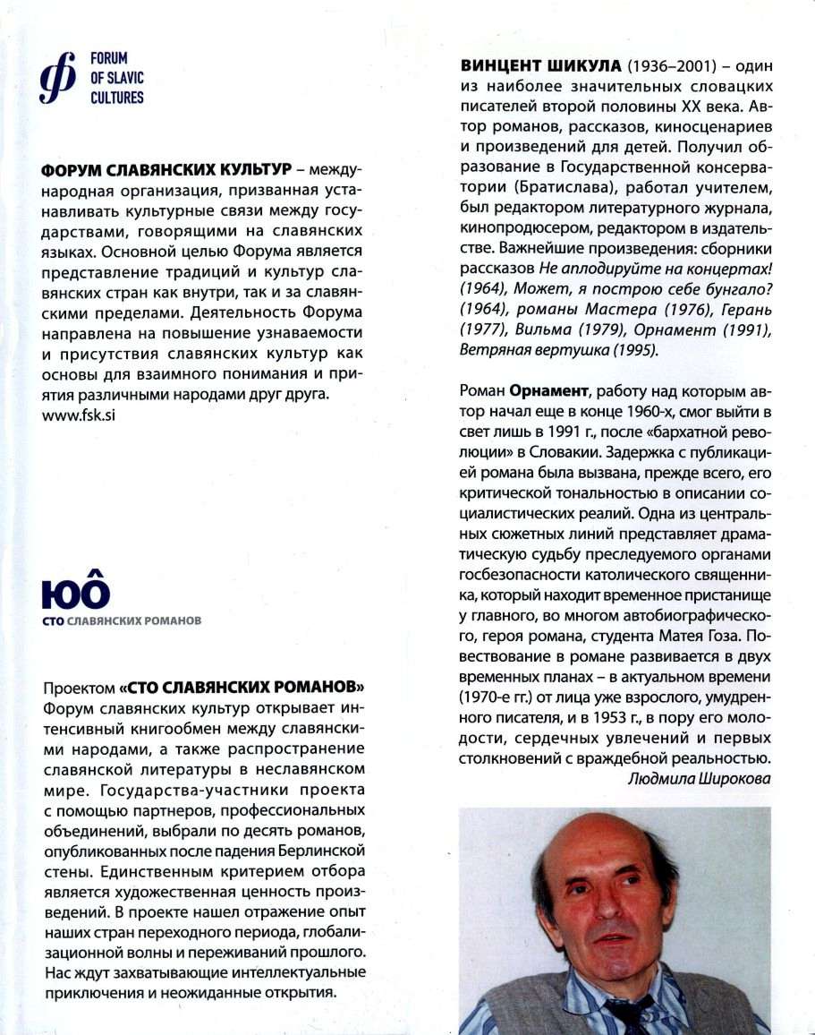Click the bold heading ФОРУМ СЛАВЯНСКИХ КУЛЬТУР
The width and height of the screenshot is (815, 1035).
[165, 169]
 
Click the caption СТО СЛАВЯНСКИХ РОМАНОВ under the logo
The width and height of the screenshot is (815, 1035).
[122, 620]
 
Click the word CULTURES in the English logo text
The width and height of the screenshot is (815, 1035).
[116, 97]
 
